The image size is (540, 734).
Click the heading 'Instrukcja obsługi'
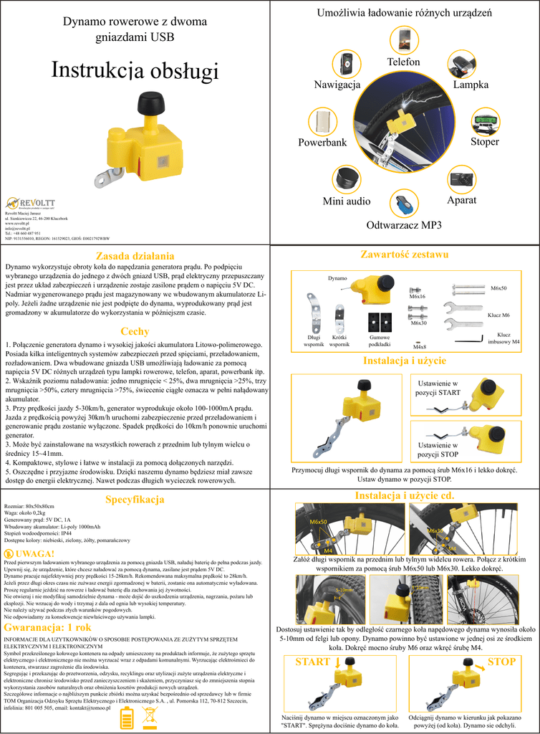pos(135,70)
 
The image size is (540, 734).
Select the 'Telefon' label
pos(403,62)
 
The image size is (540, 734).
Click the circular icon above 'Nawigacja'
pos(347,64)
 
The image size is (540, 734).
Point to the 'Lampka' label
pos(471,85)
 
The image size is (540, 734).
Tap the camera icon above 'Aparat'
pos(461,178)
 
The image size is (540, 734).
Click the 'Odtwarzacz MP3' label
pos(404,225)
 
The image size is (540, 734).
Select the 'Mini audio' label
pos(347,201)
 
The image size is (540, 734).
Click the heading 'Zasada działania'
pos(135,255)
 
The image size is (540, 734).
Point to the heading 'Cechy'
pos(135,331)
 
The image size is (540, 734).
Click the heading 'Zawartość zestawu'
pos(405,254)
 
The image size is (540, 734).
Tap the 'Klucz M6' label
pos(498,315)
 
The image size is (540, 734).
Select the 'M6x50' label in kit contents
pos(498,288)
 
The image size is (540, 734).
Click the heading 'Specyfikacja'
pos(135,499)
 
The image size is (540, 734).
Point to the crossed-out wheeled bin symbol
pos(151,717)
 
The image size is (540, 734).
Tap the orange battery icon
pos(127,717)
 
